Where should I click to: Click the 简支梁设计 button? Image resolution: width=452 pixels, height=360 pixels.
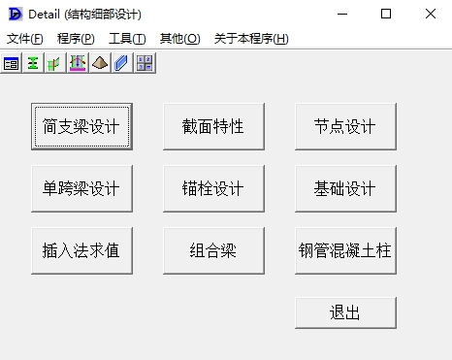[81, 126]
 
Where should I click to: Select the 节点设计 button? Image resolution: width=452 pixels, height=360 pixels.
[345, 126]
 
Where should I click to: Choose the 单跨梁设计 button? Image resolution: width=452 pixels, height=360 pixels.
[81, 188]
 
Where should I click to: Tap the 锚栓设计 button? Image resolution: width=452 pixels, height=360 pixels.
[213, 188]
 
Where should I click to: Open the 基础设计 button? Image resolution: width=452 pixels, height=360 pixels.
[345, 188]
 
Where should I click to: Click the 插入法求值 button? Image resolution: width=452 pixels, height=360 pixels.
[81, 250]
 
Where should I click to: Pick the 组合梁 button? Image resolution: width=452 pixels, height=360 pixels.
[213, 250]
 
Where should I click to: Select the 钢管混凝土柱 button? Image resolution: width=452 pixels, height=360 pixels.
[345, 250]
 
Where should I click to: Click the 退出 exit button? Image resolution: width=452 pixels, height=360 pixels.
[345, 312]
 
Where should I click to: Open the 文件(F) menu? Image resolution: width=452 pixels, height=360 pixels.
[25, 39]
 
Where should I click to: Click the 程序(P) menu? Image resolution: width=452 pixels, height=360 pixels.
[76, 39]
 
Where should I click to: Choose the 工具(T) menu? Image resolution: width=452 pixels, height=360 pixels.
[127, 39]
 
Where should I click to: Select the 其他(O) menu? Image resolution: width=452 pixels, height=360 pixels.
[180, 39]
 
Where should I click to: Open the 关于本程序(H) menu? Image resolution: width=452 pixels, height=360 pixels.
[251, 39]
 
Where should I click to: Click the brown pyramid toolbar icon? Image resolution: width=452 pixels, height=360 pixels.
[100, 63]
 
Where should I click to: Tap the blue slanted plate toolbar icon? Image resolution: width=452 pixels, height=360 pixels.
[121, 63]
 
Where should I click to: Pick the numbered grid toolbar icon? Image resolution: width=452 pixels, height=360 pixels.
[145, 63]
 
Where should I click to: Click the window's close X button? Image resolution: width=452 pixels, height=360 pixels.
[431, 14]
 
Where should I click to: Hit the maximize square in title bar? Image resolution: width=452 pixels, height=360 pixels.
[386, 14]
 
